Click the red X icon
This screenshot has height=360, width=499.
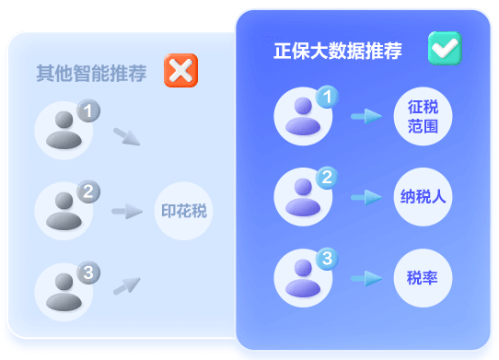180,71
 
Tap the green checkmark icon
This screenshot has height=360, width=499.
445,48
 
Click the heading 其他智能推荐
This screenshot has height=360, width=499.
91,74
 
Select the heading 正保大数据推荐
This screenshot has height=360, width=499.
338,51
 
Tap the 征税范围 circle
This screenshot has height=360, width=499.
423,116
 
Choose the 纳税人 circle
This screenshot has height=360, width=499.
423,196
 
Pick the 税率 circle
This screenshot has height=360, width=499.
423,277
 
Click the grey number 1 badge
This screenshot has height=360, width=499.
88,111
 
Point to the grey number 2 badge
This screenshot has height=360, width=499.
88,192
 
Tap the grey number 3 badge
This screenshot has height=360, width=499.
88,273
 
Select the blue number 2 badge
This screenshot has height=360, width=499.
327,178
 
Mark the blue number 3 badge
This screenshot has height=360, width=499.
327,259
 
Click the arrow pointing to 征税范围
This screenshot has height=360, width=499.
366,116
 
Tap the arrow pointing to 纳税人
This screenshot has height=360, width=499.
366,197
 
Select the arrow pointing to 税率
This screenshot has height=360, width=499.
366,277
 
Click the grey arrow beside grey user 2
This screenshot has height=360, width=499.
126,212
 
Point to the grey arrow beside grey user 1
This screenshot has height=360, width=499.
127,137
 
